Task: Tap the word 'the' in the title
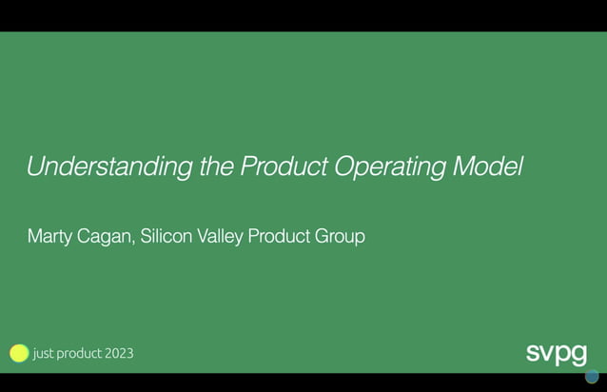[217, 167]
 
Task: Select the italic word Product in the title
[284, 167]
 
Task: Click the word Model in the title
[488, 167]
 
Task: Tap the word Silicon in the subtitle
[166, 236]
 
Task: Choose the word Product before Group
[279, 236]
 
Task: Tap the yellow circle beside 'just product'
[19, 353]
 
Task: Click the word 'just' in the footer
[44, 353]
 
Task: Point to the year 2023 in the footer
[120, 353]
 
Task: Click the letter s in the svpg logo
[534, 353]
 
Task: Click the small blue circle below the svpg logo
[592, 376]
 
